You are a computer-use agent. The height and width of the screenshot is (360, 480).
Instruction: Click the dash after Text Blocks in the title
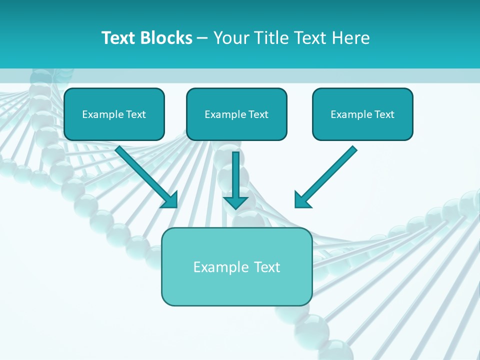202,38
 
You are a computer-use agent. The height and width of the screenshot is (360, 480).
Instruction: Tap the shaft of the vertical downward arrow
235,172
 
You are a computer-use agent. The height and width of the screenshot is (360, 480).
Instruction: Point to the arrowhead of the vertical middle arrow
235,202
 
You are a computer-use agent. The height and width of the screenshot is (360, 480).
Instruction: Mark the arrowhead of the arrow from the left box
171,199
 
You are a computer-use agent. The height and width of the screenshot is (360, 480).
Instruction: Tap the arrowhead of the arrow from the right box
301,200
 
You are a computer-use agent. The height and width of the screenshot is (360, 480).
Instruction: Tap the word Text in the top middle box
258,114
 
